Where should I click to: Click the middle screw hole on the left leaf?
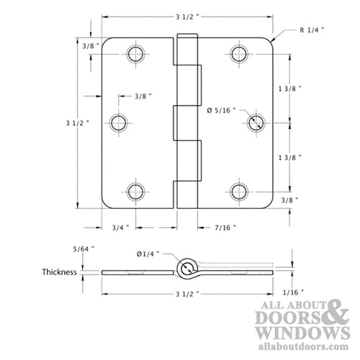coord(118,122)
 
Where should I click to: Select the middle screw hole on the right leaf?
coord(256,122)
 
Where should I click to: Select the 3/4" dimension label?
coord(120,228)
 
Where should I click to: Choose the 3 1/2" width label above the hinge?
coord(187,17)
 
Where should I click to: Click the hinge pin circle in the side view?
coord(187,270)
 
